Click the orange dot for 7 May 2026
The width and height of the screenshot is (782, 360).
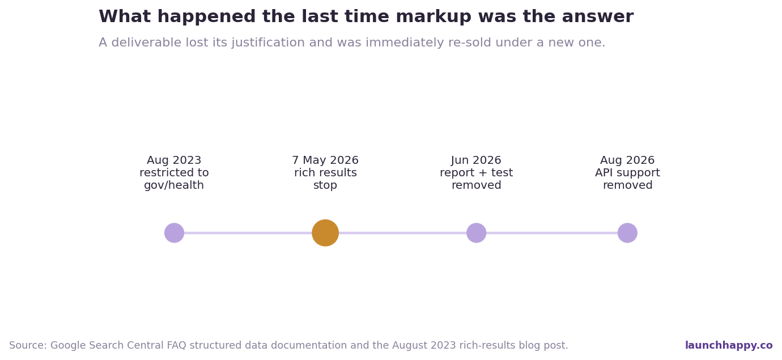click(x=325, y=233)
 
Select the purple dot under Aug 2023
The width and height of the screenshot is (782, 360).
click(x=174, y=233)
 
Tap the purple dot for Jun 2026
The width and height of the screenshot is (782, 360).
click(x=476, y=233)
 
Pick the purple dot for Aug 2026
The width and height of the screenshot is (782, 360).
click(x=627, y=233)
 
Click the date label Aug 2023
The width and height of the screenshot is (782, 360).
click(x=174, y=160)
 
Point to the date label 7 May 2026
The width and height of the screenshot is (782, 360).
click(x=325, y=160)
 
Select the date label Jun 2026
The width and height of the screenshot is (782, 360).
click(x=476, y=160)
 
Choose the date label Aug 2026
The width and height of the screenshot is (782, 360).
click(x=627, y=160)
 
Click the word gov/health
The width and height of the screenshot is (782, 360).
click(x=174, y=185)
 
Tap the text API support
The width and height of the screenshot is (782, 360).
click(x=627, y=172)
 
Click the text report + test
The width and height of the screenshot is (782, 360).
click(x=476, y=172)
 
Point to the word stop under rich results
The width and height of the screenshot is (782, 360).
click(x=325, y=185)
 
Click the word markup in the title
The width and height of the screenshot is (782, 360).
click(x=433, y=17)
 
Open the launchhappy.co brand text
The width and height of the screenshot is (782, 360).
click(x=729, y=345)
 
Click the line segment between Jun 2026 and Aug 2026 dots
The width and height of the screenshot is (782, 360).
click(x=552, y=233)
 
